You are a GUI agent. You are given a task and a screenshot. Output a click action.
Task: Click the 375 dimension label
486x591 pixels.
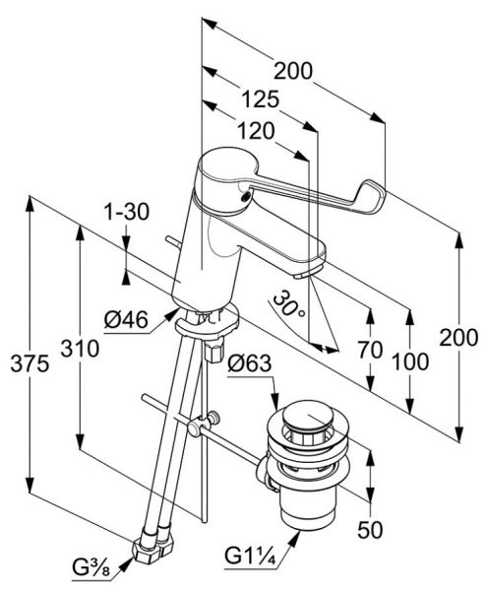(30, 364)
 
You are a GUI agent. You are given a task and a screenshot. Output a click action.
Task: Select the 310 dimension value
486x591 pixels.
(81, 349)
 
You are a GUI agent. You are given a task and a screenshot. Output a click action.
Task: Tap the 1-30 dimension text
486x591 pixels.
(127, 212)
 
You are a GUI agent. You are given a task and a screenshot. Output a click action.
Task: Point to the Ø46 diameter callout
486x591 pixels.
(126, 321)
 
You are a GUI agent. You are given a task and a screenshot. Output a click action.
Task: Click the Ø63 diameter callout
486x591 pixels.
(249, 363)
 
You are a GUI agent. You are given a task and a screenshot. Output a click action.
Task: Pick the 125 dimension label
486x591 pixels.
(260, 99)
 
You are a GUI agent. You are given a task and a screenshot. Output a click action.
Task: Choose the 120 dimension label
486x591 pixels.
(256, 131)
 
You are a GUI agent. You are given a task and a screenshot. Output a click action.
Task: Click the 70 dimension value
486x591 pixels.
(371, 350)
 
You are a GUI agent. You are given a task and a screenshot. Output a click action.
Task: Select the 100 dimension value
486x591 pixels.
(410, 361)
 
